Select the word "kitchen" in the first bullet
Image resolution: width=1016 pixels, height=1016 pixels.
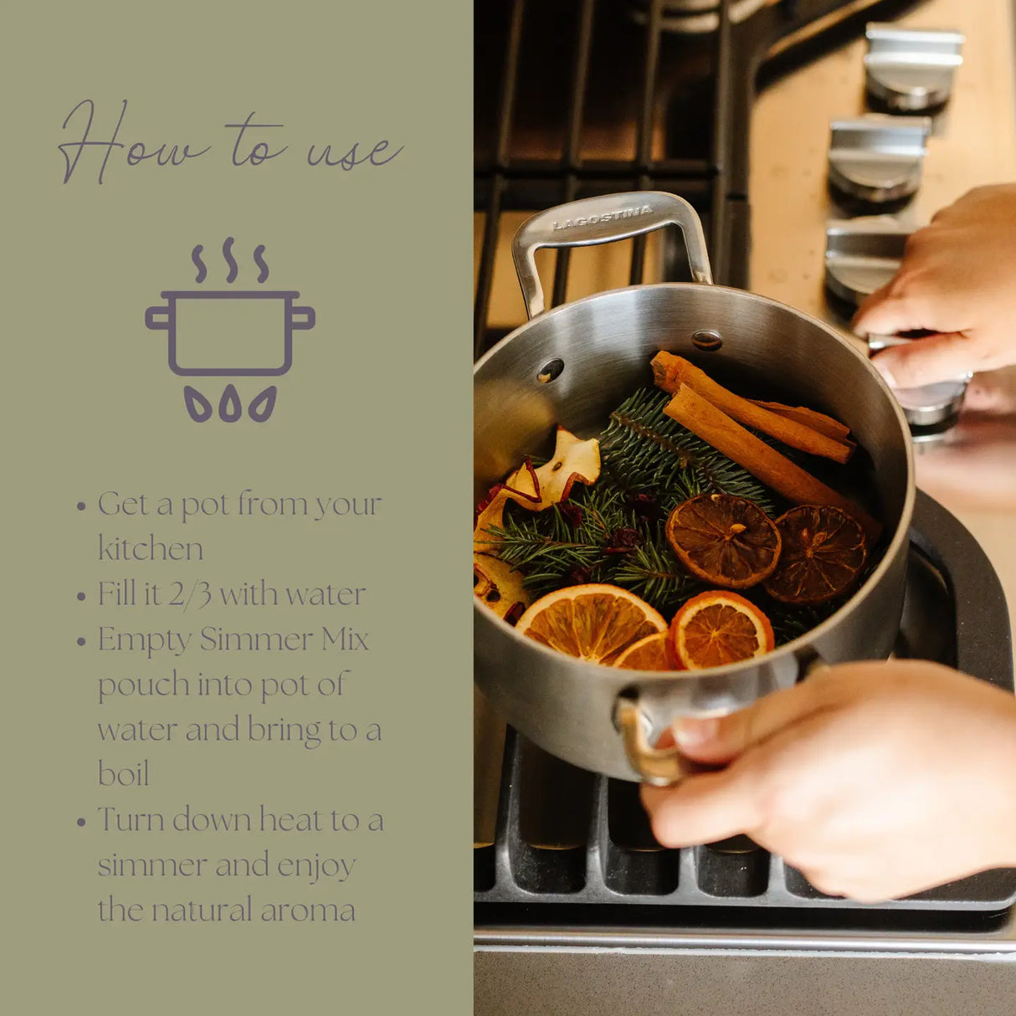tap(151, 549)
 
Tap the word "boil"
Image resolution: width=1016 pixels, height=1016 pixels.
tap(123, 774)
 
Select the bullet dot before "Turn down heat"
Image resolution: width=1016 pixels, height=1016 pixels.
tap(81, 822)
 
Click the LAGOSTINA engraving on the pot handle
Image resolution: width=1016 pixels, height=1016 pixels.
tap(603, 218)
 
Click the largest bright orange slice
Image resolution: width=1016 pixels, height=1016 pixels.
tap(591, 623)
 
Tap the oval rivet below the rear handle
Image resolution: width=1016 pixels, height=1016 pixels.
tap(707, 340)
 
